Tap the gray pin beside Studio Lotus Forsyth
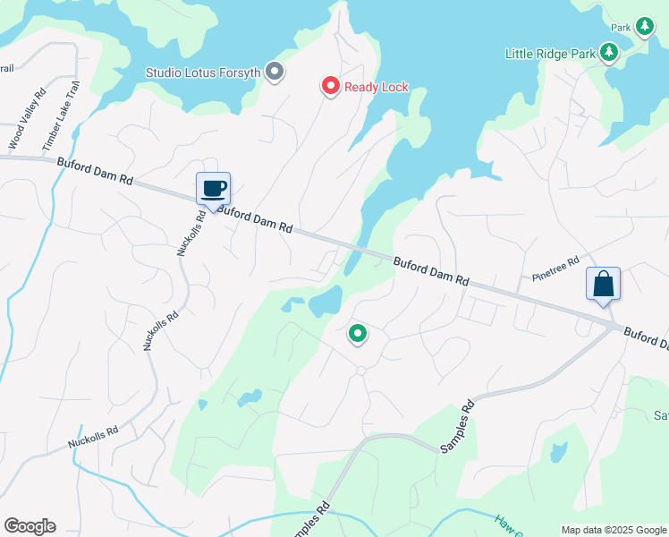275,71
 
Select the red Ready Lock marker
330,87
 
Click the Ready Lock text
377,87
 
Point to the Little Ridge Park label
550,54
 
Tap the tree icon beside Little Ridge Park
609,53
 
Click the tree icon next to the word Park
644,27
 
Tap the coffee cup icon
214,189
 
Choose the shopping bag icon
603,284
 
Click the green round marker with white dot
357,335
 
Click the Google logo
30,526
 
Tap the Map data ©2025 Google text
614,530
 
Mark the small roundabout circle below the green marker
360,371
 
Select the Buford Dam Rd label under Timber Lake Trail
95,172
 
